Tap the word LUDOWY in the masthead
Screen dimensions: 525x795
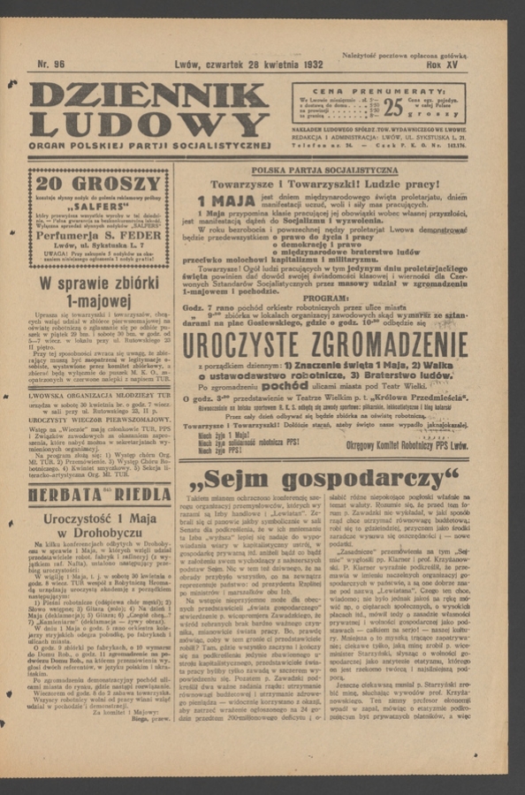(148, 124)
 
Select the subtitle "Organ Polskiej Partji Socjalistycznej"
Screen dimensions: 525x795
(148, 145)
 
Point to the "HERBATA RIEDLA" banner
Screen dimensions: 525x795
(99, 494)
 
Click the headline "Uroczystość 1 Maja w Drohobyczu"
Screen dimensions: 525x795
(99, 526)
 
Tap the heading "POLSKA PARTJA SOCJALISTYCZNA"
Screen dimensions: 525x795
(324, 170)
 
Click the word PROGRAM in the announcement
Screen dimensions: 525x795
(324, 299)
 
